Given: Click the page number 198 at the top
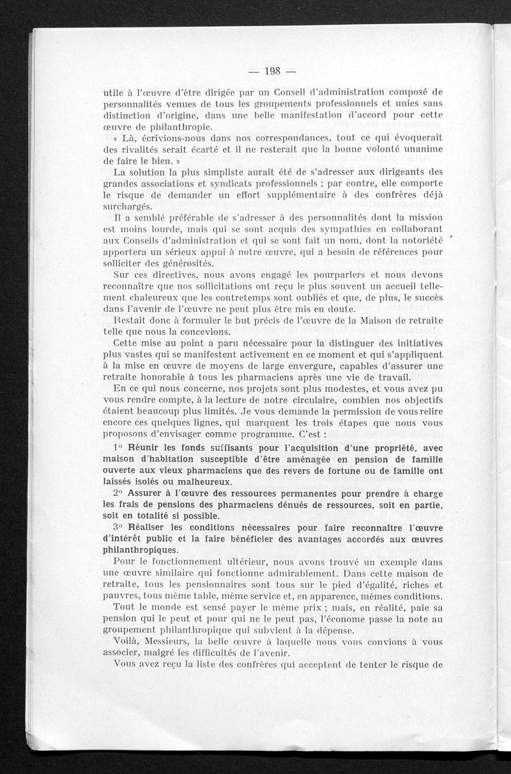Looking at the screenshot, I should tap(263, 70).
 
